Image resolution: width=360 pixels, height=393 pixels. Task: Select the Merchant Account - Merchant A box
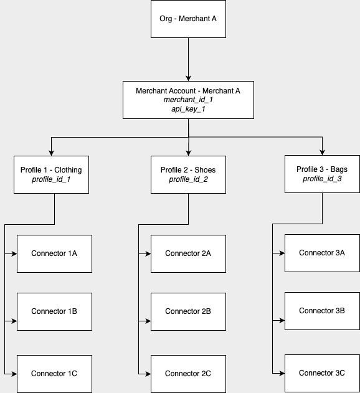(x=188, y=100)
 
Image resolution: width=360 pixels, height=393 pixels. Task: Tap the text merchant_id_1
(x=188, y=100)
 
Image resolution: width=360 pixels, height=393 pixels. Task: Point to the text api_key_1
(x=188, y=108)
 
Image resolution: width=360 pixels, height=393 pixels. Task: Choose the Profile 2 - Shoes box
(x=188, y=174)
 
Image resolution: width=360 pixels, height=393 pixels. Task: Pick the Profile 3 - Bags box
(x=322, y=174)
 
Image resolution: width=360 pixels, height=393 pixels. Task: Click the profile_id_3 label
(x=322, y=179)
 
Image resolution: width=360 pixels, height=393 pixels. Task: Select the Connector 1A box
(x=54, y=253)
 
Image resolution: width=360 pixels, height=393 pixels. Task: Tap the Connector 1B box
(x=54, y=311)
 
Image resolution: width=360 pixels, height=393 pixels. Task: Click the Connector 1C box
(x=54, y=374)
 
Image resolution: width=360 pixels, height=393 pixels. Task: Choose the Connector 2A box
(x=188, y=253)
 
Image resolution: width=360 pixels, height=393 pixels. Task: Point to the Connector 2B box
(x=188, y=311)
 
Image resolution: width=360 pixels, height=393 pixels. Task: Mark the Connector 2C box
(x=188, y=374)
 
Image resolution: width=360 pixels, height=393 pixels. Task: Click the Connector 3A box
(x=322, y=253)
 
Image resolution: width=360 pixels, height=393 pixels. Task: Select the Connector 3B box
(x=322, y=310)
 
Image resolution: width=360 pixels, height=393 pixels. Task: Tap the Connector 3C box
(x=322, y=373)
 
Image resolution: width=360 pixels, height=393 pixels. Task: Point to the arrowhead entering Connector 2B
(x=148, y=321)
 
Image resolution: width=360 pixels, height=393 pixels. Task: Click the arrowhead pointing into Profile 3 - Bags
(x=322, y=152)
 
